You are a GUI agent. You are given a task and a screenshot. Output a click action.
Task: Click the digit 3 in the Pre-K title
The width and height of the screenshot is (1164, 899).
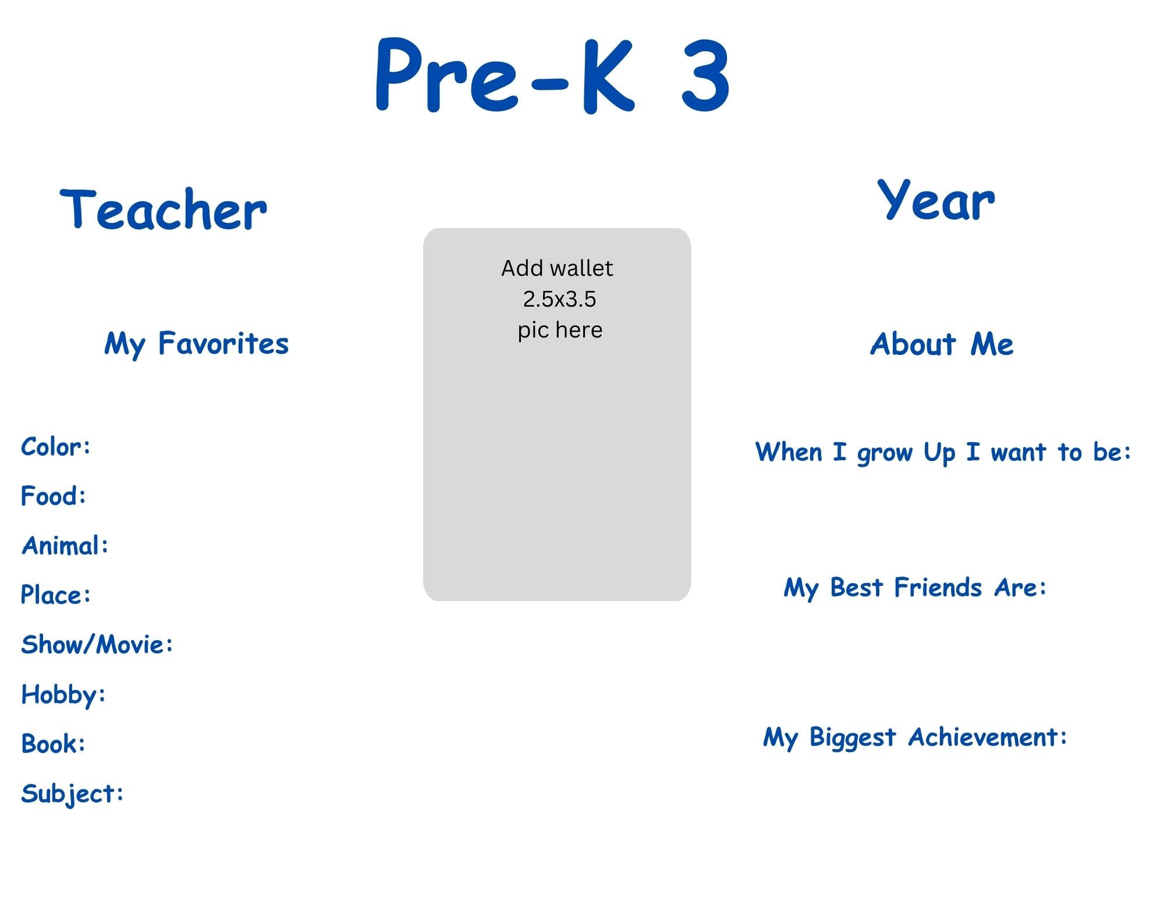pyautogui.click(x=705, y=76)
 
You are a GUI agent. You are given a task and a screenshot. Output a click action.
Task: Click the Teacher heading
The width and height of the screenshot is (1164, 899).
pyautogui.click(x=164, y=209)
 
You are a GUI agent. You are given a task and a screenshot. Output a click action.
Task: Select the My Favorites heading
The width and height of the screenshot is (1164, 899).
pyautogui.click(x=196, y=343)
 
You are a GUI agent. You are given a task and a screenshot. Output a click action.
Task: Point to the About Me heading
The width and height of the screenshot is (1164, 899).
pyautogui.click(x=942, y=344)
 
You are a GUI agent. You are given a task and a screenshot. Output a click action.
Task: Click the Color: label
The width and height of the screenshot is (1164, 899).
pyautogui.click(x=56, y=447)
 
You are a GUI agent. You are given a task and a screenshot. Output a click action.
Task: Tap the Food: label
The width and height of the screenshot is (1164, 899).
pyautogui.click(x=54, y=496)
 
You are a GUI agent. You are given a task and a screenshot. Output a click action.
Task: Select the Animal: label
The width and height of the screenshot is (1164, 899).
pyautogui.click(x=65, y=546)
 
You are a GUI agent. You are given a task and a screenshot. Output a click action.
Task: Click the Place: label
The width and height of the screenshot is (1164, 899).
pyautogui.click(x=56, y=595)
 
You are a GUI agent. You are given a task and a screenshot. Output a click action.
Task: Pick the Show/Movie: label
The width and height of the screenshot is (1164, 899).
pyautogui.click(x=97, y=645)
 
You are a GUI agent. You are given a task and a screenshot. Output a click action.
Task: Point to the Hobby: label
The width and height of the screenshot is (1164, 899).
pyautogui.click(x=63, y=695)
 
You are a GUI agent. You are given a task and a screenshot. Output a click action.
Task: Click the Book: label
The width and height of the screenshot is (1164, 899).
pyautogui.click(x=54, y=744)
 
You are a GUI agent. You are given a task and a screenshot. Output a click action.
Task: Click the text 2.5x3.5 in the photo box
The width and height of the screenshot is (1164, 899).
pyautogui.click(x=559, y=299)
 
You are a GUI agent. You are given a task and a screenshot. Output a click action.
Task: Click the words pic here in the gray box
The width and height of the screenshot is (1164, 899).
pyautogui.click(x=560, y=330)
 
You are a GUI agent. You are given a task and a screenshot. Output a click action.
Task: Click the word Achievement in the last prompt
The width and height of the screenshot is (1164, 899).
pyautogui.click(x=988, y=737)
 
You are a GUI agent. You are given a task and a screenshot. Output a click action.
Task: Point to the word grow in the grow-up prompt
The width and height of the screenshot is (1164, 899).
pyautogui.click(x=884, y=453)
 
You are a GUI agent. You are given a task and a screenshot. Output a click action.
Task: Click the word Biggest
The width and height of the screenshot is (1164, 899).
pyautogui.click(x=853, y=738)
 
